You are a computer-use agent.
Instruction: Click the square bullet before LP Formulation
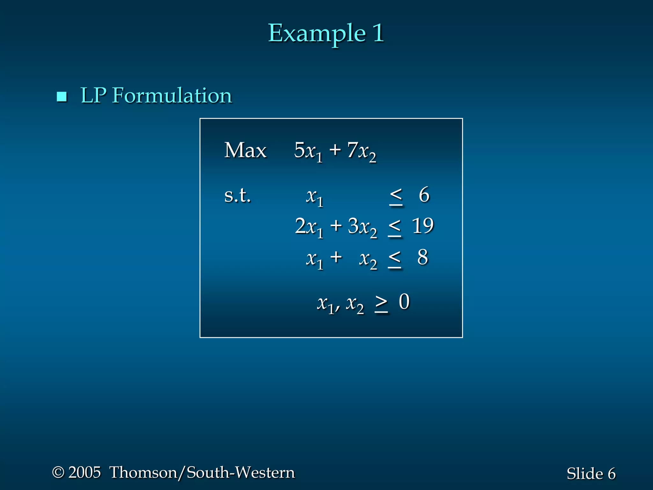point(62,96)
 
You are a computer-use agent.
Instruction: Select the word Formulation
point(172,95)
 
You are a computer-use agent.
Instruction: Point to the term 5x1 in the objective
point(308,151)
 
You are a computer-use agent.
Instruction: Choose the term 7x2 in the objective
point(362,151)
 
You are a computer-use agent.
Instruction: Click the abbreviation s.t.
point(237,195)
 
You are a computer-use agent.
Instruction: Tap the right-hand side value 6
point(424,195)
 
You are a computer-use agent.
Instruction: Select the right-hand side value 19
point(422,226)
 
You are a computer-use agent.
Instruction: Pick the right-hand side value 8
point(422,257)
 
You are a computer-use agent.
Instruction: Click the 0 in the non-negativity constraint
point(404,302)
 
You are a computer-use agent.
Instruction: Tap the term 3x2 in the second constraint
point(362,227)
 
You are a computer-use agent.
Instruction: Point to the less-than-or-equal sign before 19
point(395,228)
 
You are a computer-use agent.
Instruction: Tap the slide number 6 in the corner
point(611,474)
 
